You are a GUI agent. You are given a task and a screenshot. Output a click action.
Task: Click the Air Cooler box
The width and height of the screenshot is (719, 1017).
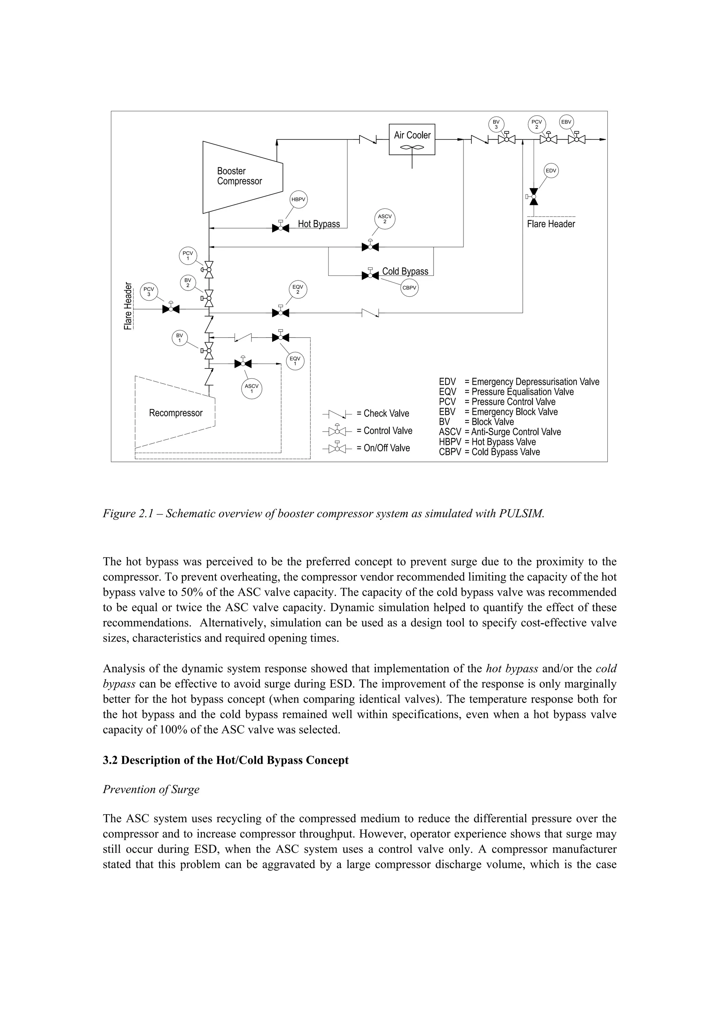pyautogui.click(x=412, y=139)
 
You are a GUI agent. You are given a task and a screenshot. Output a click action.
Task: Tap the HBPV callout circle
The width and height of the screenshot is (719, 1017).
pyautogui.click(x=298, y=199)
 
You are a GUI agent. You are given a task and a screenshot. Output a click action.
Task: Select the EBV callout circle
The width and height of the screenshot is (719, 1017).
pyautogui.click(x=566, y=122)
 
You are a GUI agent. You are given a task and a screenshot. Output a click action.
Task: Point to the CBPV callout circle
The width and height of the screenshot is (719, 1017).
pyautogui.click(x=409, y=288)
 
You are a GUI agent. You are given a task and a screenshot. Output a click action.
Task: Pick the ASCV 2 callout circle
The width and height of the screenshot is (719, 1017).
pyautogui.click(x=385, y=219)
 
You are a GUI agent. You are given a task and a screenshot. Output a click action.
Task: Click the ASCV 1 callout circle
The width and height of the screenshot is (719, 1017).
pyautogui.click(x=252, y=389)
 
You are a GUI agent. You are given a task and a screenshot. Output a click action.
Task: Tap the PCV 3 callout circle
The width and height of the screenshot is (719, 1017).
pyautogui.click(x=149, y=292)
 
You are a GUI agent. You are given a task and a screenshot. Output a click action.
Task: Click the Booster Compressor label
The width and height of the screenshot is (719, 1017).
pyautogui.click(x=239, y=176)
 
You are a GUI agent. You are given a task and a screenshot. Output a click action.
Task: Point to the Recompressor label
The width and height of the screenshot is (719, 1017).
pyautogui.click(x=176, y=413)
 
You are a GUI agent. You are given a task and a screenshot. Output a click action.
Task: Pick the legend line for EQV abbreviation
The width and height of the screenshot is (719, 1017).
pyautogui.click(x=506, y=392)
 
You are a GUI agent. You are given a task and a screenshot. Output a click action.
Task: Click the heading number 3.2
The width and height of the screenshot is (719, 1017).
pyautogui.click(x=111, y=760)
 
